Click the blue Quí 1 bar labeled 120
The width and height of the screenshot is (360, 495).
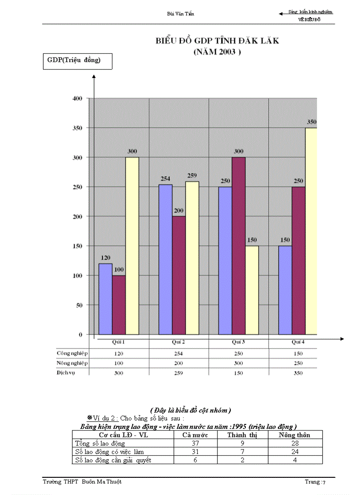point(105,299)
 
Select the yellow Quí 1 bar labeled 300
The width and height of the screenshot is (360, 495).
point(132,246)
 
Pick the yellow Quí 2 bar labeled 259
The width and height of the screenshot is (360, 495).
point(192,258)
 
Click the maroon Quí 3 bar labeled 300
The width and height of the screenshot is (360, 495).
point(239,246)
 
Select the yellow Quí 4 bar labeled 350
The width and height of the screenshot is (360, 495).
point(311,231)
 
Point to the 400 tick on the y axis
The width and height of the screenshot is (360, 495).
point(78,98)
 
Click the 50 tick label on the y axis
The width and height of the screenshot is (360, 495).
point(79,305)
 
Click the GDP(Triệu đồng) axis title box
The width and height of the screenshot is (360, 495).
point(77,61)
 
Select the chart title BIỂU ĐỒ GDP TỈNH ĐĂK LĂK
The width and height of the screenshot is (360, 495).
point(217,41)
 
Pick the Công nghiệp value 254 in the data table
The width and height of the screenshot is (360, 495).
point(179,354)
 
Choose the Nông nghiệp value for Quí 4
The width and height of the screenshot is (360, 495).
point(298,363)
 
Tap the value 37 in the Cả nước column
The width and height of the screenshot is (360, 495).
point(195,443)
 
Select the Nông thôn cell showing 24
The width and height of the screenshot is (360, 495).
point(295,452)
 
